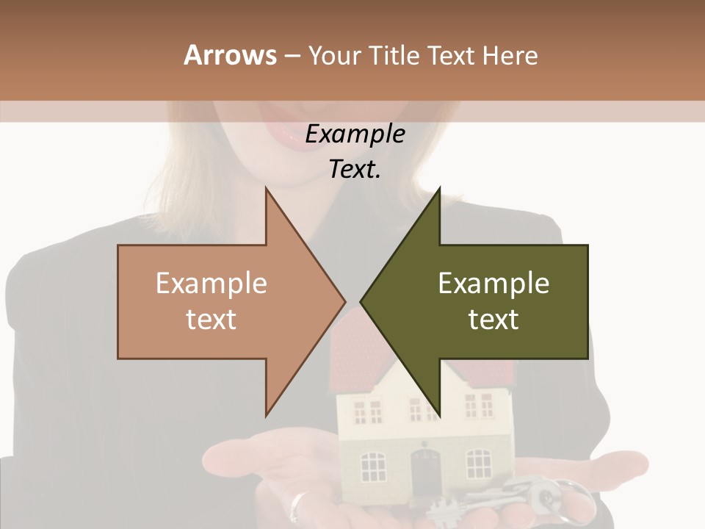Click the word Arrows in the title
[230, 55]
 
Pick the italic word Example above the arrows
[355, 134]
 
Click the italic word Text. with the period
[355, 169]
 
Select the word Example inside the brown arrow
[211, 284]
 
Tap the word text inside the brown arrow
[211, 320]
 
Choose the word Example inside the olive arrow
[493, 284]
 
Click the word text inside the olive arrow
[493, 320]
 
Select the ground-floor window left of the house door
[374, 466]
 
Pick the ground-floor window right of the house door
[479, 464]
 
